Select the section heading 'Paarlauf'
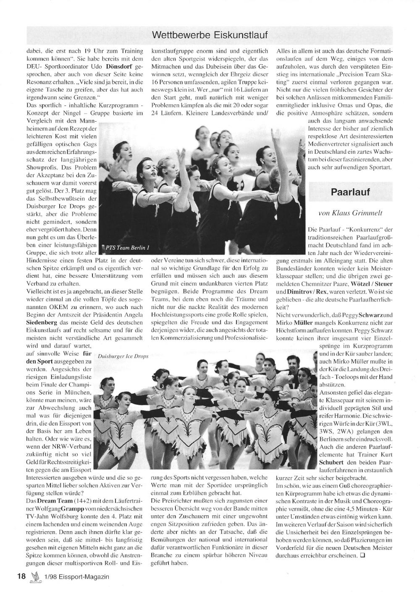tap(350, 192)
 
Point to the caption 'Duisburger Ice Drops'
tap(123, 356)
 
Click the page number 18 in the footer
tap(21, 576)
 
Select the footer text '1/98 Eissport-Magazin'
tap(76, 576)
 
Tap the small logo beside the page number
tap(35, 576)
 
